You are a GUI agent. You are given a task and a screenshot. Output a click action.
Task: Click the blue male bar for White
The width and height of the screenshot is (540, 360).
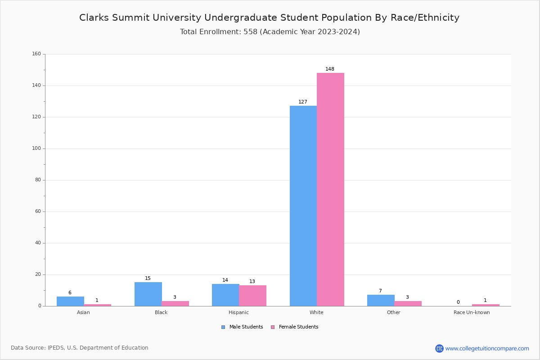(303, 206)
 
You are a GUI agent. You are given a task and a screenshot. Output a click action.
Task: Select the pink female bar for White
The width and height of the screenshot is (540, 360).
(330, 189)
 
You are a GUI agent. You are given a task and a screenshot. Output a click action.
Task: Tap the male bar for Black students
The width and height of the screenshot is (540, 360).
(148, 294)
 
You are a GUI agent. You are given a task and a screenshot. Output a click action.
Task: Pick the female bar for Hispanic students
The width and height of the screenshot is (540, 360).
(252, 296)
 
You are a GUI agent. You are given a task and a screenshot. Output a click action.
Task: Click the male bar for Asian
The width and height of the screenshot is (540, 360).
(70, 301)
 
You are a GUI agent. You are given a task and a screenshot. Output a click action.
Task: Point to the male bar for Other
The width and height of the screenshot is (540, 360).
(381, 300)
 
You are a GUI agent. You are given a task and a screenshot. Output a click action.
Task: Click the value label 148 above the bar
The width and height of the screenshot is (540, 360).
(330, 69)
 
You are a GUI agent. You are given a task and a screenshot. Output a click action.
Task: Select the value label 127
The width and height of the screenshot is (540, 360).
(303, 102)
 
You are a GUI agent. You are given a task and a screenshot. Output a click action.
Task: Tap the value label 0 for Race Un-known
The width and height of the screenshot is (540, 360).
(458, 302)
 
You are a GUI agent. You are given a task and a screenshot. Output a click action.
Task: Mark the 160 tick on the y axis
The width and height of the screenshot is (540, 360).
(36, 54)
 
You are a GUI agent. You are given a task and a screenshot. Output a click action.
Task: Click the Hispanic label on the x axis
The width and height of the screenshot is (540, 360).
(238, 313)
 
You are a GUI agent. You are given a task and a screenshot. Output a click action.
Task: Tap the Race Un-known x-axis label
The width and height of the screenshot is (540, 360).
(472, 313)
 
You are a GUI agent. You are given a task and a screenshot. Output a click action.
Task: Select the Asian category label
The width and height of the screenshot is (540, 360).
(83, 313)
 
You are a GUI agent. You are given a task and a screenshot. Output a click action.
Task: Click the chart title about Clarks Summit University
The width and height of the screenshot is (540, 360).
(269, 18)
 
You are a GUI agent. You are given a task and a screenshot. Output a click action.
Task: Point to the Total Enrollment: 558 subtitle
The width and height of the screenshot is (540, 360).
(270, 32)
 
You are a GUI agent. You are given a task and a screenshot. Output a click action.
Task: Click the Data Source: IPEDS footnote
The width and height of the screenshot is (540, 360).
(80, 348)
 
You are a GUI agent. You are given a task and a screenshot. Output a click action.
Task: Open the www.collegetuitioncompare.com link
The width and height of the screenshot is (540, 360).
(487, 348)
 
